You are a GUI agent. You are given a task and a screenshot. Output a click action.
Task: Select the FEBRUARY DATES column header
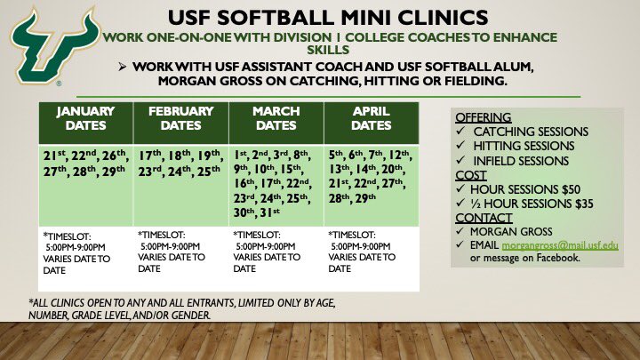coord(180,119)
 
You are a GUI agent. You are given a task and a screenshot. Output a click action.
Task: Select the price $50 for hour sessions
coord(564,190)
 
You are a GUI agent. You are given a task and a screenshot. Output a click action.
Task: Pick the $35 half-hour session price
coord(578,204)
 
